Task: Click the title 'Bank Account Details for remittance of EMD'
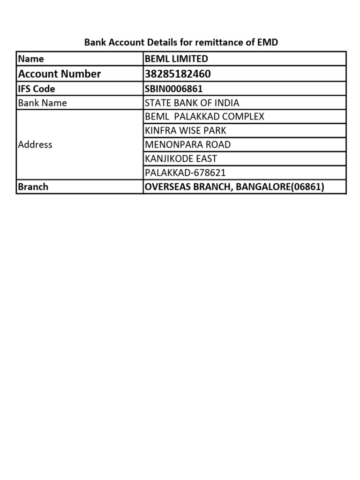coord(181,43)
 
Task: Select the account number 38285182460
coord(178,74)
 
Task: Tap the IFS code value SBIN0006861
coord(174,89)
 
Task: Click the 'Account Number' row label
coord(59,74)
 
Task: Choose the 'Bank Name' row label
coord(42,103)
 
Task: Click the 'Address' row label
coord(35,144)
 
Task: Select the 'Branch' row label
coord(33,187)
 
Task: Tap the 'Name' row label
coord(31,59)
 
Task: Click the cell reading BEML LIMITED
coord(176,59)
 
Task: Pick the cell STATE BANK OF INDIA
coord(192,103)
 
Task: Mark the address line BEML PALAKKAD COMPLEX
coord(204,116)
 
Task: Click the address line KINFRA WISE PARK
coord(186,130)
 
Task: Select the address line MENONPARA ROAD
coord(187,144)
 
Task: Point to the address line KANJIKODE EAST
coord(181,159)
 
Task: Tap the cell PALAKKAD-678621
coord(185,172)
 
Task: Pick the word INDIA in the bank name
coord(226,103)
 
